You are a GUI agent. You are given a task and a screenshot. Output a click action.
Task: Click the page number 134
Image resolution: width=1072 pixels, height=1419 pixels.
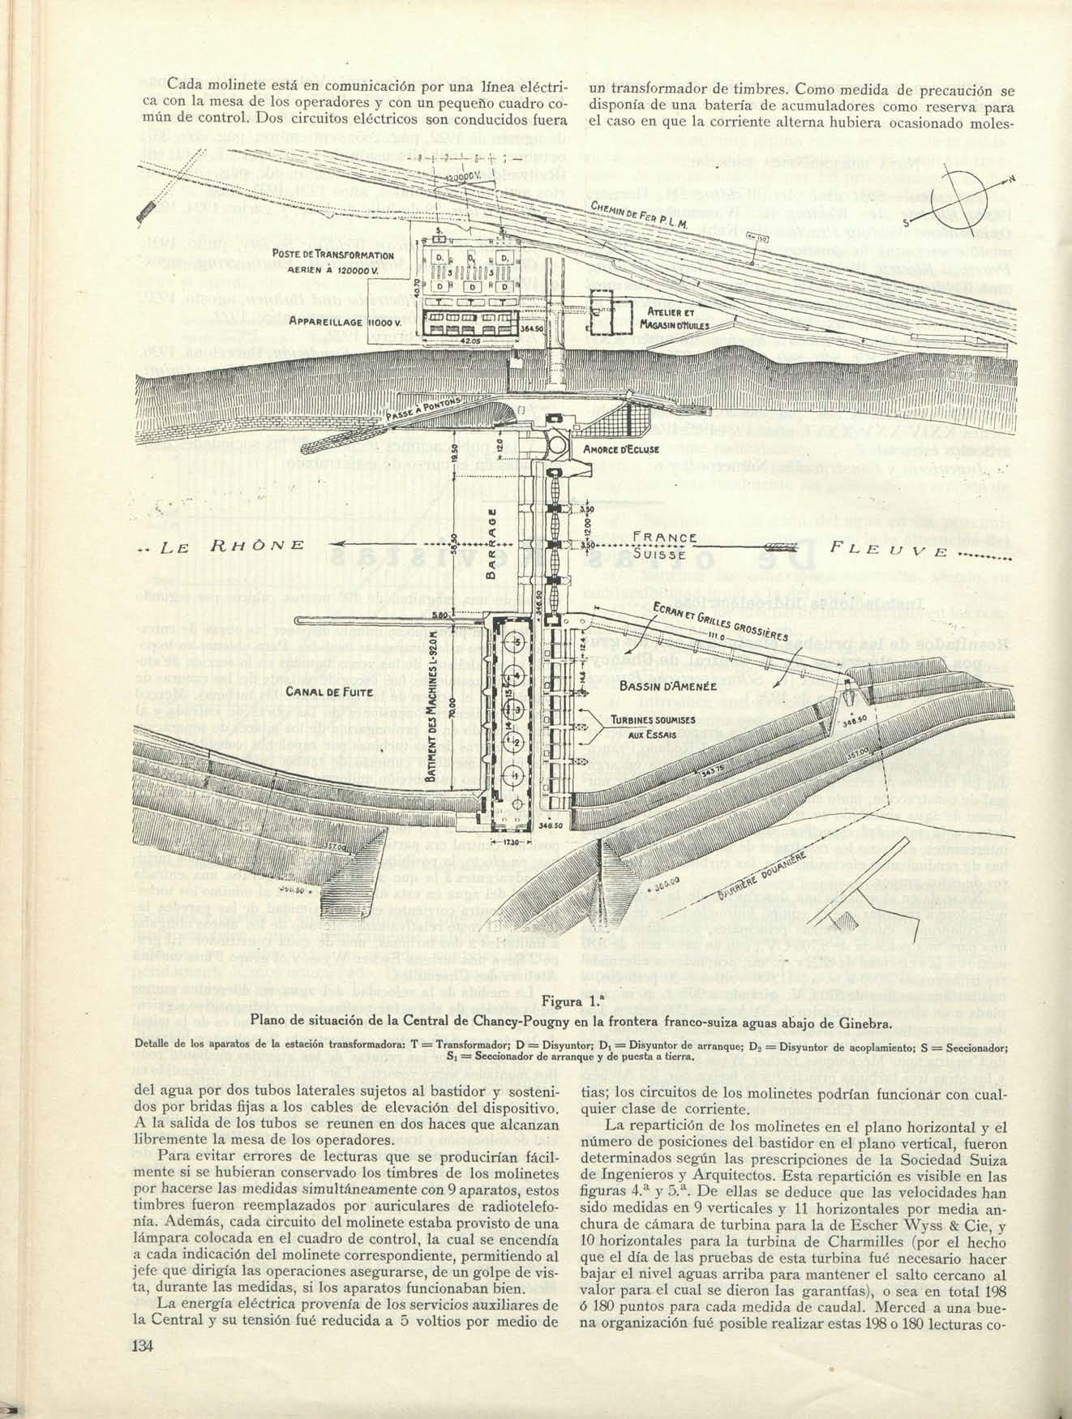tap(142, 1345)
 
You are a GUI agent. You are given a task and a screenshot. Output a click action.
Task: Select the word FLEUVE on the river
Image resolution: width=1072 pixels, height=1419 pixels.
tap(888, 551)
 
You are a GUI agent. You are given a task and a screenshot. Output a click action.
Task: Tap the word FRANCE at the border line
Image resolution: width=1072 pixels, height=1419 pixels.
tap(665, 537)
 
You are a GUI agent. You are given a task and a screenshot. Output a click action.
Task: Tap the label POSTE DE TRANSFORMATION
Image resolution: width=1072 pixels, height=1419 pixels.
tap(332, 255)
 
